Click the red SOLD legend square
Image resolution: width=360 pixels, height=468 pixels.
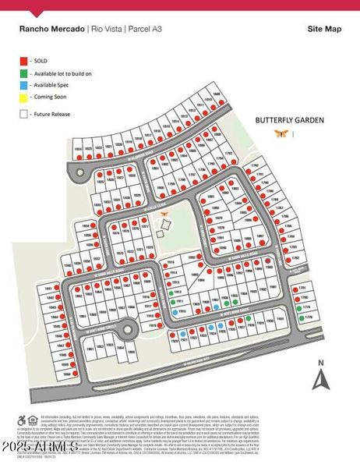pos(22,59)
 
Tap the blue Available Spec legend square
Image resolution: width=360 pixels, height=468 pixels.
pos(22,84)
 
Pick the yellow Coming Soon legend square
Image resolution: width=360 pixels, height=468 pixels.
pos(22,97)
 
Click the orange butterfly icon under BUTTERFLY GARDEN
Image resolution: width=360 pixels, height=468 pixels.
pos(279,134)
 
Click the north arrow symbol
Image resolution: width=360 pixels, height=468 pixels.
pos(318,380)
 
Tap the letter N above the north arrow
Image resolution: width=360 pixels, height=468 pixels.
pos(318,363)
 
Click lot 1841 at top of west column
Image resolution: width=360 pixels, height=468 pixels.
pos(50,288)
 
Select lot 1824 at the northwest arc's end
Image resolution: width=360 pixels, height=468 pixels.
pos(78,147)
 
